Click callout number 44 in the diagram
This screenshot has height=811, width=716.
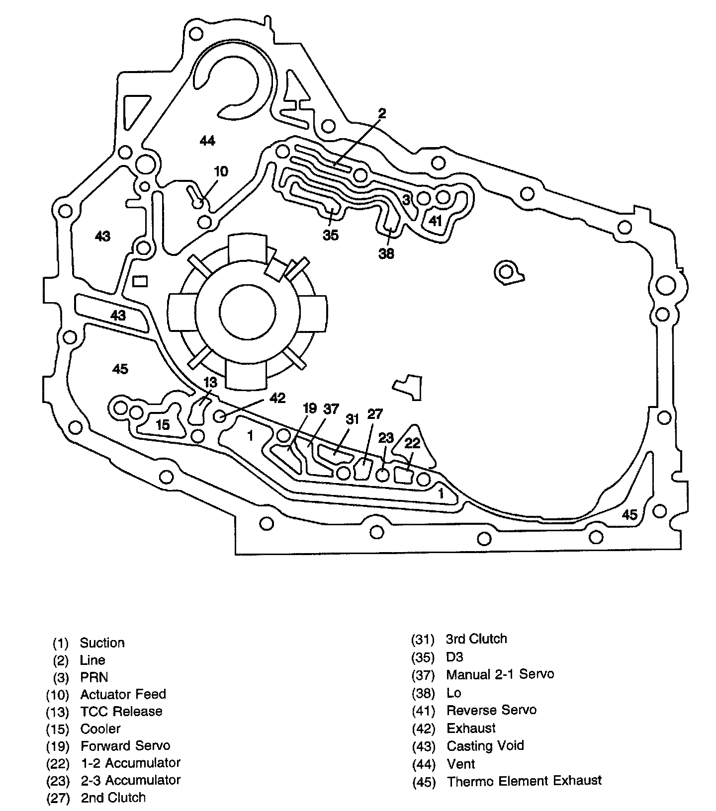click(207, 141)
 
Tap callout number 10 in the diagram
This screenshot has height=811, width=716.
click(221, 171)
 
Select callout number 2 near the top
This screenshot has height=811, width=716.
click(381, 113)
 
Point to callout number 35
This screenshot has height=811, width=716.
click(331, 235)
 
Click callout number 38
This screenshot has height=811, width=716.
click(386, 253)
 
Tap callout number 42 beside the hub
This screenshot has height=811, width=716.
click(277, 398)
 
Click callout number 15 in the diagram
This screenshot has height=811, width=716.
click(163, 424)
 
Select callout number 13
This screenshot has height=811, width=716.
click(211, 382)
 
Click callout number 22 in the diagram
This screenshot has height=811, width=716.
click(413, 442)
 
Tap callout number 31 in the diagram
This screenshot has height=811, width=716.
click(353, 419)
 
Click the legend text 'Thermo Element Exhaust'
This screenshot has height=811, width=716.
click(524, 781)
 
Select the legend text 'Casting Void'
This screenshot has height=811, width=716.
click(485, 745)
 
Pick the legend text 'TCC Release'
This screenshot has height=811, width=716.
click(121, 711)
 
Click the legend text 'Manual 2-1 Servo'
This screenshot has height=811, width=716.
click(500, 674)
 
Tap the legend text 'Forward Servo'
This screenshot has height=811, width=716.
click(125, 745)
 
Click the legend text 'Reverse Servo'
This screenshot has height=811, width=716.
click(492, 710)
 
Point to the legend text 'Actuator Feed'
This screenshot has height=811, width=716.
click(123, 694)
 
